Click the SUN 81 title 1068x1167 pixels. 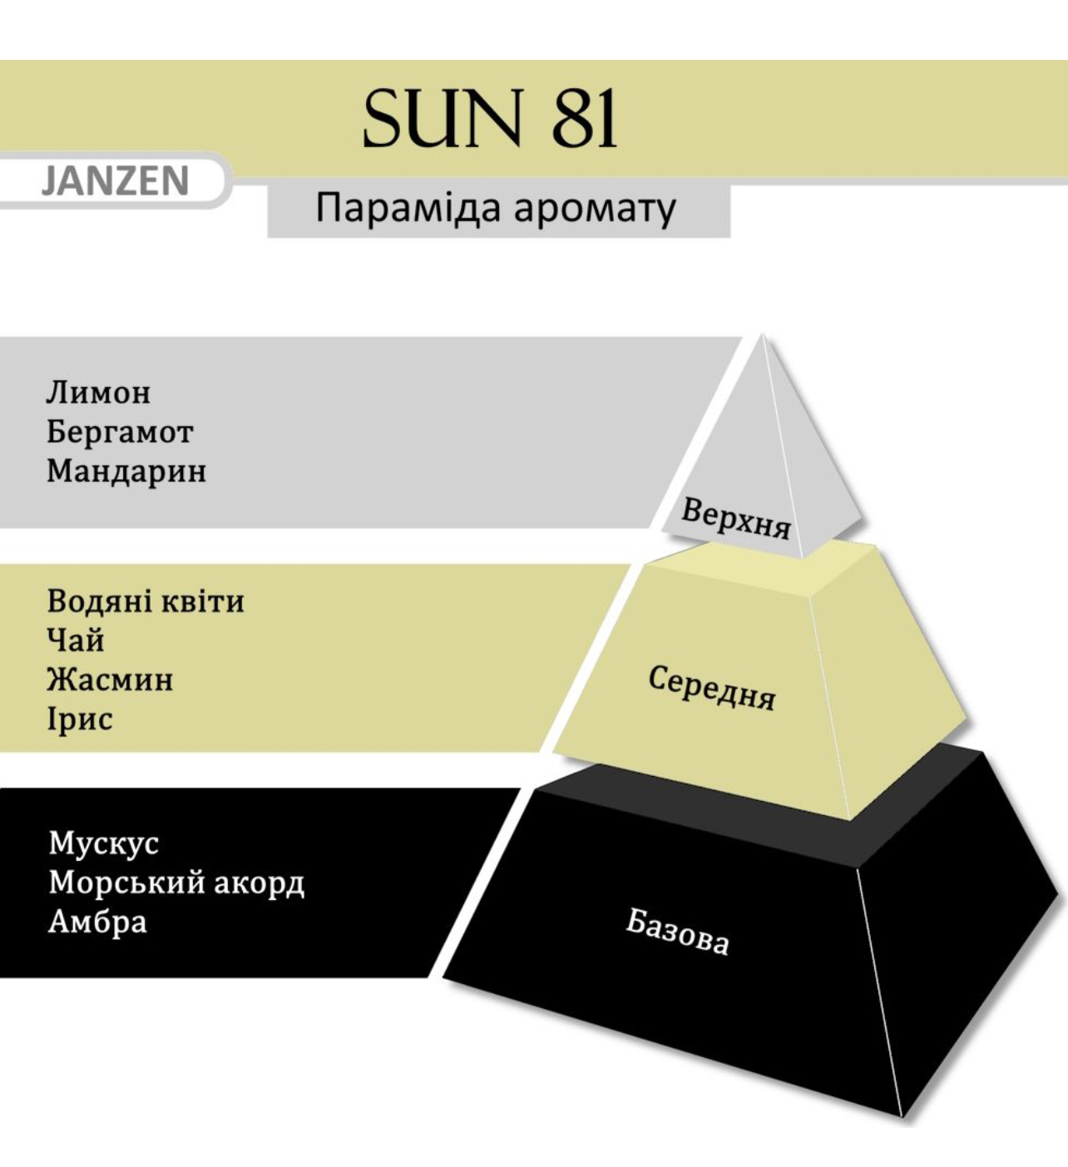(x=489, y=118)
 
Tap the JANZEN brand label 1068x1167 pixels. (x=116, y=181)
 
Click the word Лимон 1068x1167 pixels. (x=98, y=393)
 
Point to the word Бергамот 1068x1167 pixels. (x=119, y=433)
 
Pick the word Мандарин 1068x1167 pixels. (x=126, y=472)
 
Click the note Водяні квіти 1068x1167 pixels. (x=146, y=601)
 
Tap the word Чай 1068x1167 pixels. (x=76, y=640)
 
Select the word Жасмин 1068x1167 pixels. (x=110, y=680)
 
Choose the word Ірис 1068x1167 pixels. (x=80, y=719)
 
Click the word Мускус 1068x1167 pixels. (x=104, y=843)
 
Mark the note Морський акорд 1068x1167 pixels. (x=176, y=883)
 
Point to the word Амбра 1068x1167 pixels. (x=98, y=922)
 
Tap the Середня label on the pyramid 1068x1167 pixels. (x=712, y=688)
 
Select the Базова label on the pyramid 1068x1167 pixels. (x=677, y=934)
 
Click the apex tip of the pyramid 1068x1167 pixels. (x=762, y=334)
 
